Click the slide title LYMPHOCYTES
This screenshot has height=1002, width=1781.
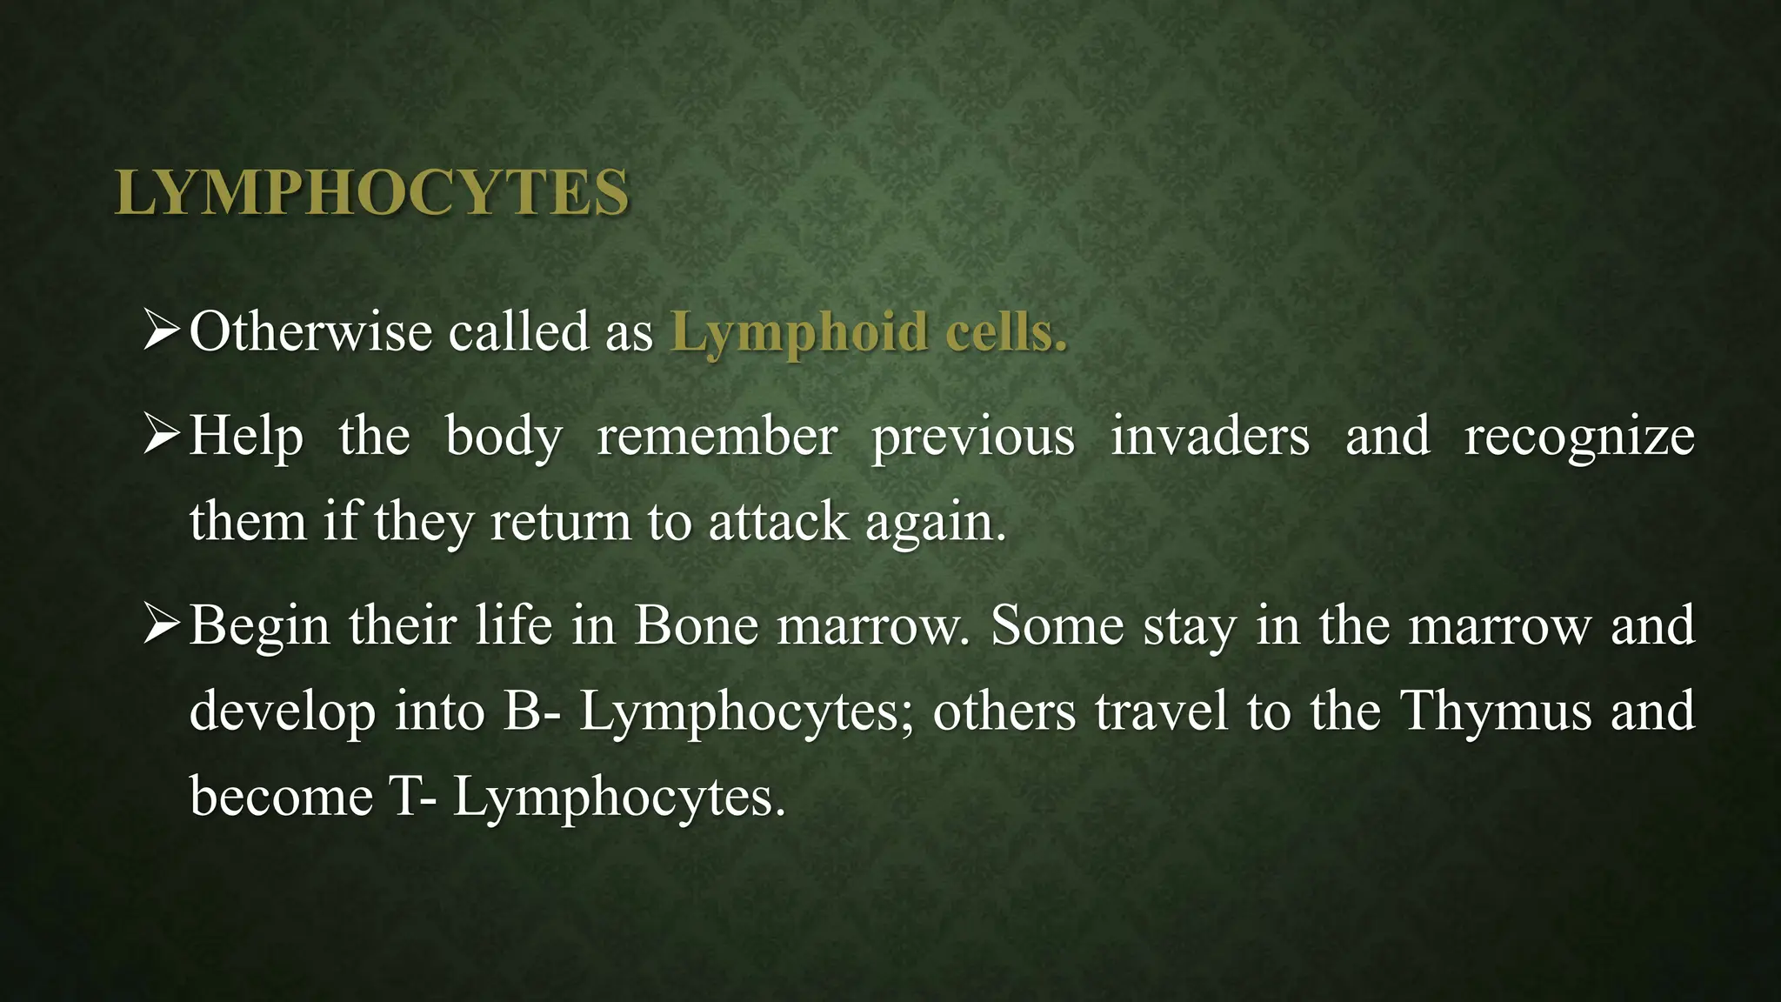point(371,192)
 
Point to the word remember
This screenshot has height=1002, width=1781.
point(717,436)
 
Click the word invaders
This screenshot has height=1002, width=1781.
point(1210,436)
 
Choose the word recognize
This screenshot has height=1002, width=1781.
point(1579,438)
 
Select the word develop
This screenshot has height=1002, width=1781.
point(282,712)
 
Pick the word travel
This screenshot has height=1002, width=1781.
point(1162,711)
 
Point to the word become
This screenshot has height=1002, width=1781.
point(281,796)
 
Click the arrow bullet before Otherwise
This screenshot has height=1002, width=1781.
point(162,332)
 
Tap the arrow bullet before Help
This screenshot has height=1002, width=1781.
point(162,436)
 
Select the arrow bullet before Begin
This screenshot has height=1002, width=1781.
point(162,625)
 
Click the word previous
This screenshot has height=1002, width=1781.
point(973,438)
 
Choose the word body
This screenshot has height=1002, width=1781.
point(504,436)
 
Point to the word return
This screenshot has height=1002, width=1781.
point(560,522)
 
